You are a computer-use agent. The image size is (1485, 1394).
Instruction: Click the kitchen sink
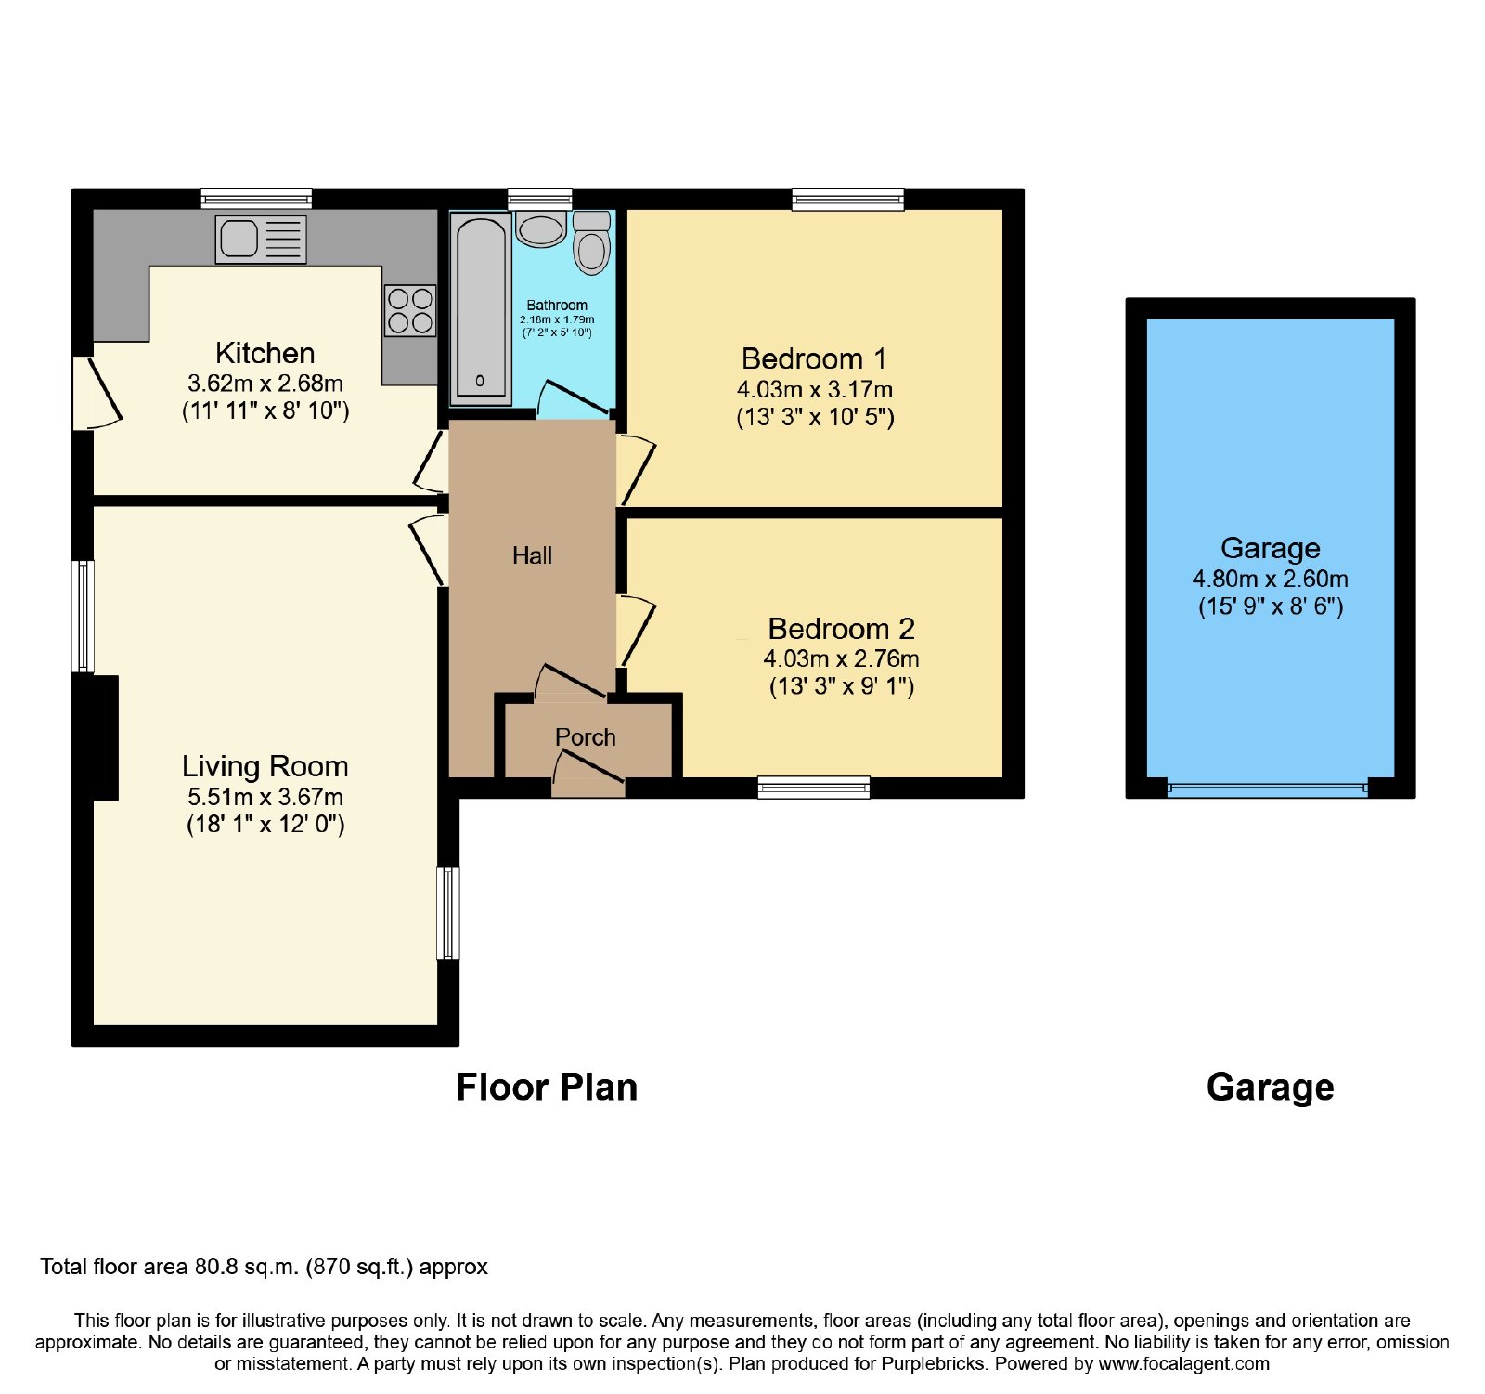[x=261, y=239]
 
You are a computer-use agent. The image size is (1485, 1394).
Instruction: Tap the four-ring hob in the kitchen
[x=410, y=310]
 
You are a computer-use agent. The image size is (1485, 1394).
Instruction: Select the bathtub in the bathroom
[x=481, y=308]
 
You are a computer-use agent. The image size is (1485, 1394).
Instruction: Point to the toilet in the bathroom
[x=591, y=242]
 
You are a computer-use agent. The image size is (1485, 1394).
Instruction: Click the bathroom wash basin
[x=540, y=229]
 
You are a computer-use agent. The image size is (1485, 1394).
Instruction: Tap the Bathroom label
[x=557, y=305]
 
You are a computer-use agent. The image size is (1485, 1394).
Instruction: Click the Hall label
[x=532, y=555]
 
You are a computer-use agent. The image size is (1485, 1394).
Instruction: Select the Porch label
[x=585, y=736]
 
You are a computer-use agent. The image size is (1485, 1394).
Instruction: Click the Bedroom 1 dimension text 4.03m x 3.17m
[x=815, y=389]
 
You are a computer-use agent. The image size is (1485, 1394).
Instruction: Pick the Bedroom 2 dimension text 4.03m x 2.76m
[x=841, y=658]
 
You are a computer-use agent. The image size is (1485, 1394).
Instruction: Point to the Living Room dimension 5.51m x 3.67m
[x=265, y=796]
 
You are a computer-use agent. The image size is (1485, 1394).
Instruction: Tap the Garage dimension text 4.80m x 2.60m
[x=1270, y=579]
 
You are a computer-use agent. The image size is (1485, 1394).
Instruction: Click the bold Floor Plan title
[x=547, y=1087]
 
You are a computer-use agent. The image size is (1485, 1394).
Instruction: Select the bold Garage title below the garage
[x=1270, y=1088]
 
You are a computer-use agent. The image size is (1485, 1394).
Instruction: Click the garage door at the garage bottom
[x=1267, y=788]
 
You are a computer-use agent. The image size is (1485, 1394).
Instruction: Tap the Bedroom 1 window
[x=847, y=199]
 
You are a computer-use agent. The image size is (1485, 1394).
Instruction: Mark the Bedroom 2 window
[x=814, y=788]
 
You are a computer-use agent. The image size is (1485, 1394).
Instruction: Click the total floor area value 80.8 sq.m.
[x=246, y=1267]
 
